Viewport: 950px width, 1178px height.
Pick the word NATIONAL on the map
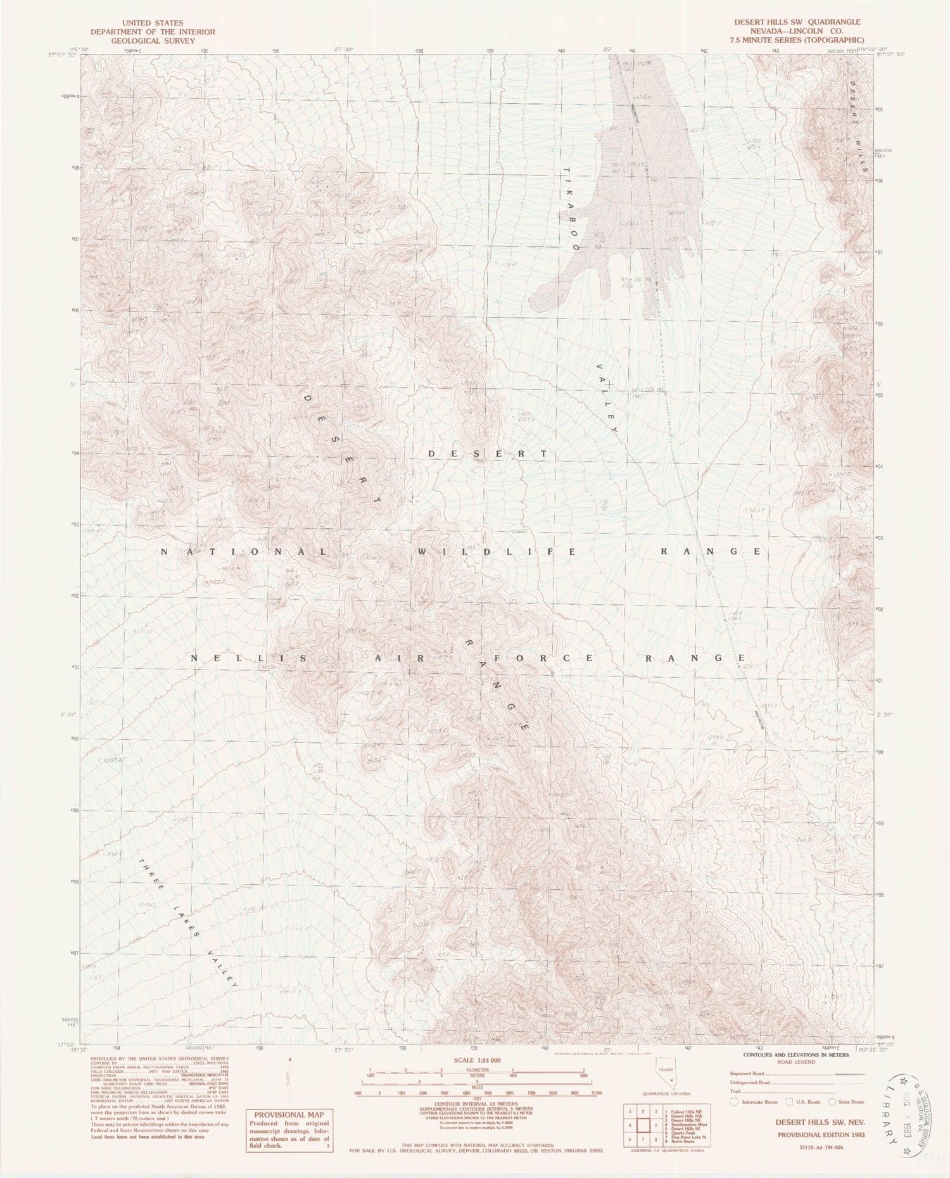[x=244, y=552]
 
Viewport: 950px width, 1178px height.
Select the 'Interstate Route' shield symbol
[x=733, y=1102]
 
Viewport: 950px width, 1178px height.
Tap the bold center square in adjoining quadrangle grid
[x=643, y=1126]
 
